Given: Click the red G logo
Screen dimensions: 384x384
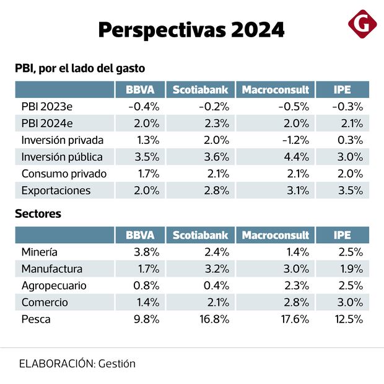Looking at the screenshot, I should click(x=362, y=25).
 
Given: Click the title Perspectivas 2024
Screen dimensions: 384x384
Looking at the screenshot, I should click(x=191, y=29).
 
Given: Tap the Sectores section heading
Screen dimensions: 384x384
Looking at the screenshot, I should click(x=38, y=214).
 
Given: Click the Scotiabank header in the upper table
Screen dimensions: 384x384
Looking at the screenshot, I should click(x=200, y=90).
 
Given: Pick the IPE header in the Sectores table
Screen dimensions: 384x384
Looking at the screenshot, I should click(x=342, y=236).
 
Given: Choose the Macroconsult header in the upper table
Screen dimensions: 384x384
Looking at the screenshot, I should click(x=275, y=90).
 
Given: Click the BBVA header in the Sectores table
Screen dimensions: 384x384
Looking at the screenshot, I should click(x=140, y=236).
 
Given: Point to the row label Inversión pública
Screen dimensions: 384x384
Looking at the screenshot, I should click(x=62, y=157).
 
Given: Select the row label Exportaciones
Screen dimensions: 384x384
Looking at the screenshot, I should click(x=56, y=190).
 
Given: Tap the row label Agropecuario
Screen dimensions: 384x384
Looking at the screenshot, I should click(x=54, y=286).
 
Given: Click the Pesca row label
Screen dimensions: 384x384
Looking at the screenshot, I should click(x=36, y=319).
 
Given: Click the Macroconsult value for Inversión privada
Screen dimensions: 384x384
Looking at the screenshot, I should click(x=295, y=140).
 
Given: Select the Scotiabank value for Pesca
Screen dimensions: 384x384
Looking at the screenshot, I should click(x=215, y=319).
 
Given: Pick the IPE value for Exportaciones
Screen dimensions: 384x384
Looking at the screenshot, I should click(x=351, y=190).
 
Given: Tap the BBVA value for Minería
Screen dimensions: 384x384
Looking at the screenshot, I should click(x=147, y=252).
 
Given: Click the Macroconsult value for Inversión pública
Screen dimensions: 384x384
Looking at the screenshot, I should click(x=297, y=157).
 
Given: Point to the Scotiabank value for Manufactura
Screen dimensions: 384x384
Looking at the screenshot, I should click(x=217, y=269).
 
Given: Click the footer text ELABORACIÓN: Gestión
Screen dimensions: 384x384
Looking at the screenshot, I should click(x=77, y=364).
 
